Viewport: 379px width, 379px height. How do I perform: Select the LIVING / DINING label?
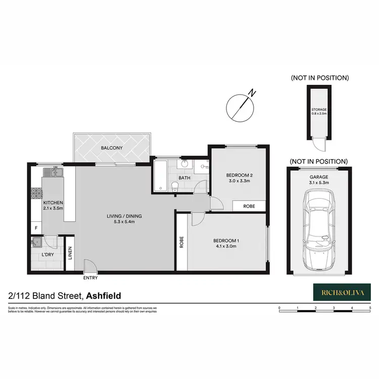[x=124, y=216]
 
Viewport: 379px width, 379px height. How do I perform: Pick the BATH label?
[x=184, y=177]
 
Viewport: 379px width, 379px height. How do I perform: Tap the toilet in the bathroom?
[x=174, y=186]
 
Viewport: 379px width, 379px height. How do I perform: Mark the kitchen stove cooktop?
[x=36, y=193]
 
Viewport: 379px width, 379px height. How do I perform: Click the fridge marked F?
[x=35, y=228]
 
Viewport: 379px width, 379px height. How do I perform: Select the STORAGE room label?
[x=318, y=109]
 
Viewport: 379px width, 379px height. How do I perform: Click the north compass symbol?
[x=241, y=107]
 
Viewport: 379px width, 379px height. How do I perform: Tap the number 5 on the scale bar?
[x=370, y=307]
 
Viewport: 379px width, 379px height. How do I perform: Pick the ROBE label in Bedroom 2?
[x=249, y=206]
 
